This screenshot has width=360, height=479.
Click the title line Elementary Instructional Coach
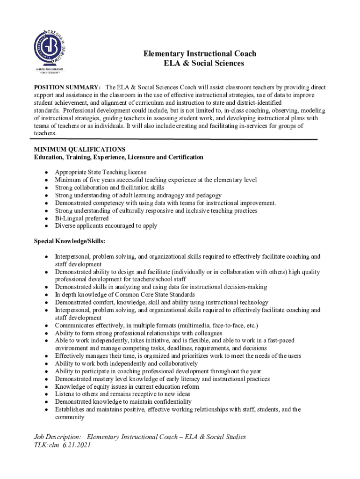(x=200, y=54)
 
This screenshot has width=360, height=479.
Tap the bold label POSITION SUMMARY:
(x=67, y=87)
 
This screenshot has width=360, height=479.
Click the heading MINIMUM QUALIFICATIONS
(x=79, y=149)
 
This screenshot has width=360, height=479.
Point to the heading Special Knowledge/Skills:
(x=69, y=241)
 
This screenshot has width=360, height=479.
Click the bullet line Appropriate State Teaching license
(x=101, y=172)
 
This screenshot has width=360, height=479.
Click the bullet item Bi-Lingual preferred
(x=82, y=218)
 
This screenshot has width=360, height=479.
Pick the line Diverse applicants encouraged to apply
(x=106, y=225)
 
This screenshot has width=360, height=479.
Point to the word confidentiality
(x=170, y=402)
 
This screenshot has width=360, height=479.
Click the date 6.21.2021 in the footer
(x=76, y=445)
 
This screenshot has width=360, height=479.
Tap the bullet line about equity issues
(x=127, y=386)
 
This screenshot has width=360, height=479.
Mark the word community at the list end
(x=70, y=417)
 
